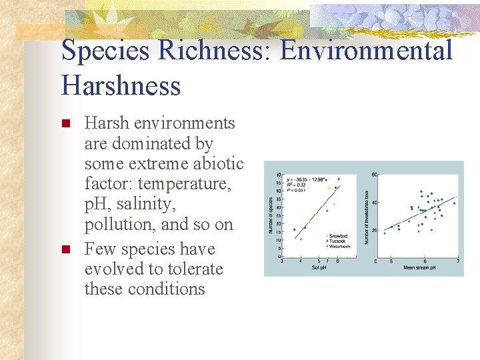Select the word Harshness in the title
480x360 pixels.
[x=121, y=86]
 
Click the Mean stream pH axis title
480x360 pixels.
[x=419, y=267]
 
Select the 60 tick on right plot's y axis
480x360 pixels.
[x=375, y=175]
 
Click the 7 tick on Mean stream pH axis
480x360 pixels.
[x=457, y=261]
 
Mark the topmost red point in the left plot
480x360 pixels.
[x=339, y=179]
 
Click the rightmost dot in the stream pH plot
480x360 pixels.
[x=454, y=203]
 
